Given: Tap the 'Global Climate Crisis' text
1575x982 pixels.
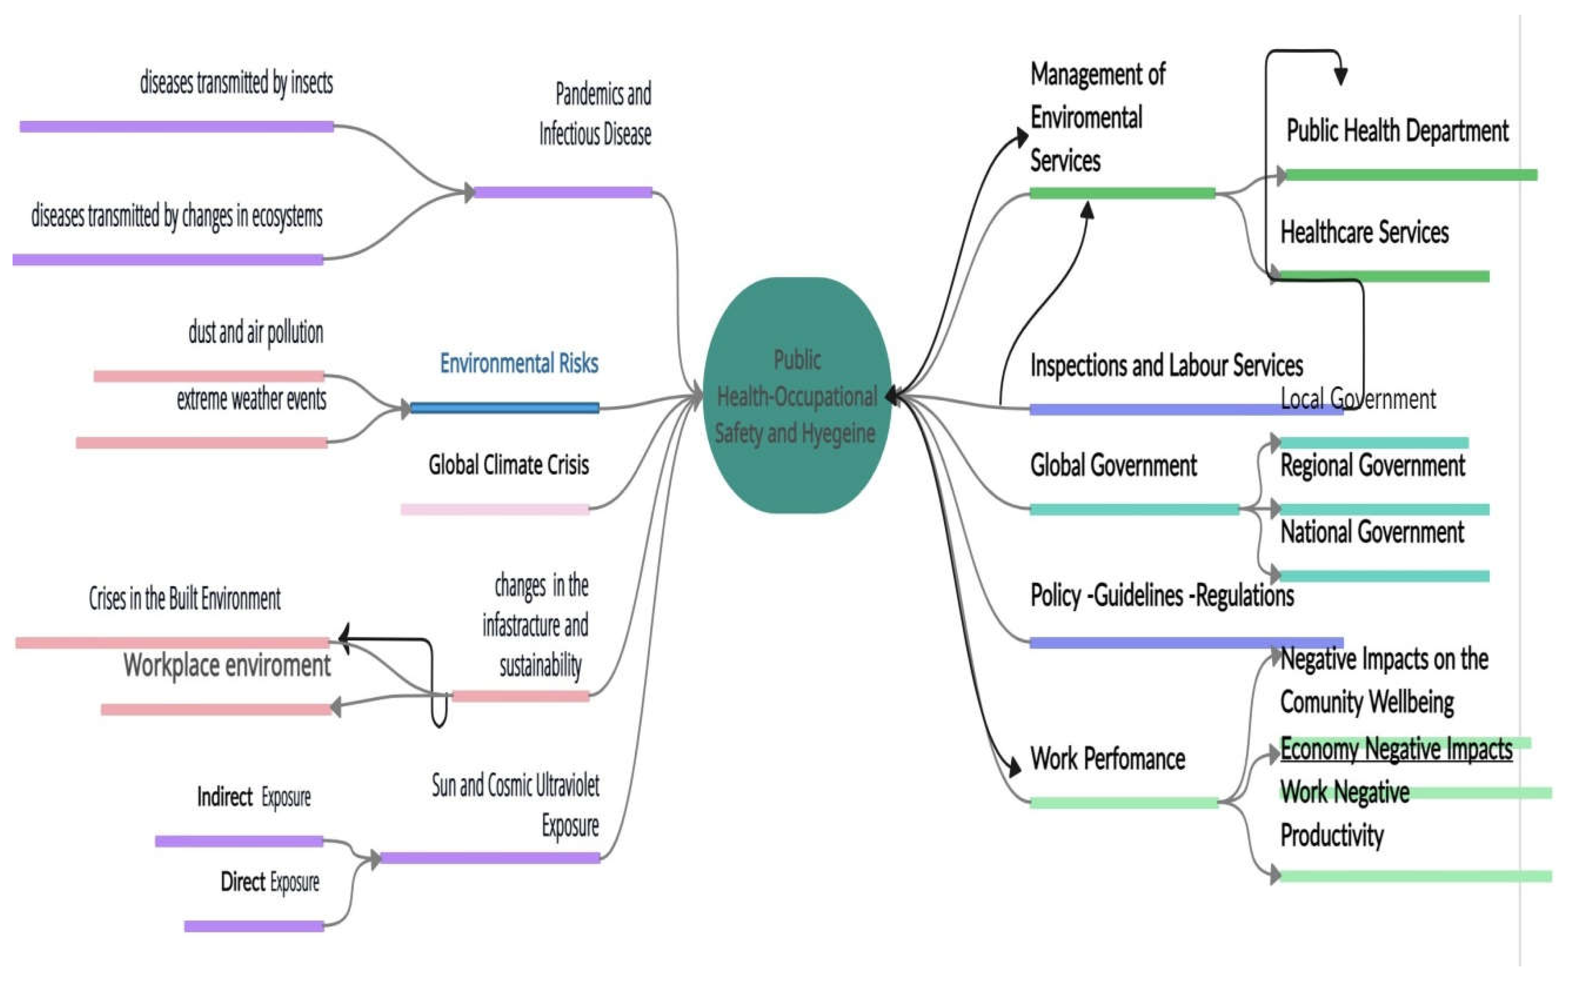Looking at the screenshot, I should (508, 465).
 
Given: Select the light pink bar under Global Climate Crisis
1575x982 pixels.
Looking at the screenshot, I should (495, 509).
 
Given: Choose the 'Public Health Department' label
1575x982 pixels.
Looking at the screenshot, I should (1397, 131).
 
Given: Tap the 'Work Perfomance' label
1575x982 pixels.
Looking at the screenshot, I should (1108, 759).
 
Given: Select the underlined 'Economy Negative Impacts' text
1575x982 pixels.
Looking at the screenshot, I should (1396, 749).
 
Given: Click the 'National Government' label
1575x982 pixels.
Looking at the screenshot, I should (1372, 532).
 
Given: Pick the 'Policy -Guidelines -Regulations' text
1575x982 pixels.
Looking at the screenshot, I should (1162, 596).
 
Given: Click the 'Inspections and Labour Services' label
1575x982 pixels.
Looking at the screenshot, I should (1166, 365).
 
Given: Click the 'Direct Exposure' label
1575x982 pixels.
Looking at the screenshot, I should (269, 882).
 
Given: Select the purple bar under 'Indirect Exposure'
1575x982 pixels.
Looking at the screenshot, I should (239, 841).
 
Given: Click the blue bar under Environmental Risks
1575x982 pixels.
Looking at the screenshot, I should (505, 408).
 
